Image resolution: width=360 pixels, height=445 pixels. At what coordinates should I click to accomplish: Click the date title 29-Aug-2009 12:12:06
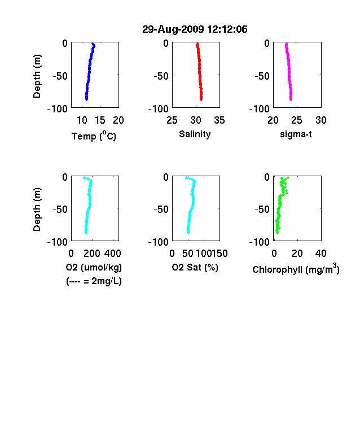(x=195, y=29)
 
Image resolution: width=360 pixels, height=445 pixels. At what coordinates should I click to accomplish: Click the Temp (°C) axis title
(x=94, y=136)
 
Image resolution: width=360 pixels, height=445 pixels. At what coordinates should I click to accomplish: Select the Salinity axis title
(x=195, y=134)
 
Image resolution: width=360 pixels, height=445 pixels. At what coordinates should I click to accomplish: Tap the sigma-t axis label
(x=296, y=134)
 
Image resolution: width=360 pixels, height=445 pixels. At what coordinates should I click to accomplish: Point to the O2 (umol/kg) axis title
(x=94, y=267)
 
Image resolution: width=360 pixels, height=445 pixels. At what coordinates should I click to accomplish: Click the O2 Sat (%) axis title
(x=195, y=267)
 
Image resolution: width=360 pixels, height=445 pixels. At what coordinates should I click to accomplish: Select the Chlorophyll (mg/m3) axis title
(x=296, y=269)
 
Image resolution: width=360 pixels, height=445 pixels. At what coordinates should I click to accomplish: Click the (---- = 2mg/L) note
(x=94, y=281)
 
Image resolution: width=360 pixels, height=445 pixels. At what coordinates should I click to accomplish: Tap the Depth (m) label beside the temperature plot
(x=37, y=76)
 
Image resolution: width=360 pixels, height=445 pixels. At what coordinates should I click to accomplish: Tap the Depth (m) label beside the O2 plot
(x=37, y=210)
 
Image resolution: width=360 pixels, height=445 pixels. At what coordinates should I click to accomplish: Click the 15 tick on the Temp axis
(x=100, y=120)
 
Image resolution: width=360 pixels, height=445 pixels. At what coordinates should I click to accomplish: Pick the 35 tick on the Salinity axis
(x=219, y=120)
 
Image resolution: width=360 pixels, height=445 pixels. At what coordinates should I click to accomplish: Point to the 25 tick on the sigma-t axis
(x=296, y=120)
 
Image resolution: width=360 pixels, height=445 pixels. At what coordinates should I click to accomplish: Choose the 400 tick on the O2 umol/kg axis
(x=113, y=254)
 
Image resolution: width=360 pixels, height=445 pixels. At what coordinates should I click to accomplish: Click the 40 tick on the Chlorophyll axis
(x=321, y=254)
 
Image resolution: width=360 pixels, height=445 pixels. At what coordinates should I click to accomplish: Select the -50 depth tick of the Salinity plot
(x=161, y=76)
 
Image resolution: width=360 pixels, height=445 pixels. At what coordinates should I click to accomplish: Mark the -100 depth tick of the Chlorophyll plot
(x=260, y=242)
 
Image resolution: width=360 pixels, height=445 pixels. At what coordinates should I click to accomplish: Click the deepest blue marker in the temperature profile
(x=87, y=99)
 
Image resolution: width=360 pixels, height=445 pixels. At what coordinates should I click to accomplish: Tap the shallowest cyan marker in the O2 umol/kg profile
(x=84, y=178)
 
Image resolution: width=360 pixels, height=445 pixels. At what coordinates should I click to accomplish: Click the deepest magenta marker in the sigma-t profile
(x=291, y=99)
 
